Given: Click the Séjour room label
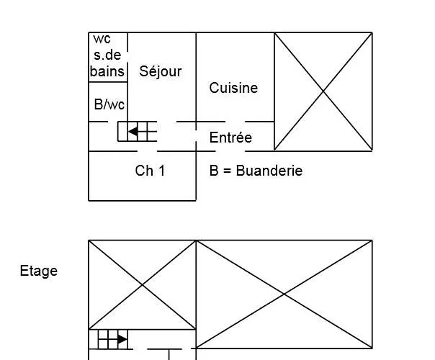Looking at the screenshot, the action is tap(161, 71).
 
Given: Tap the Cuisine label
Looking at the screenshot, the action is tap(233, 88).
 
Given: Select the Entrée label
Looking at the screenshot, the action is tap(230, 138).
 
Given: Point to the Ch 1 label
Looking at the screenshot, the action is tap(150, 171).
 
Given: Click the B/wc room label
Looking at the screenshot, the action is tap(109, 104).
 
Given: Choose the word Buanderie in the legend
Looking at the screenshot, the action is tap(269, 171).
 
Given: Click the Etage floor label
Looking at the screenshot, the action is tap(39, 271).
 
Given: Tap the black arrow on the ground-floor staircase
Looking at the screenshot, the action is tap(133, 132).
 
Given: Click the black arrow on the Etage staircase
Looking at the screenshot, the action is tap(122, 339).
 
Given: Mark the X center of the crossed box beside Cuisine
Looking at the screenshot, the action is tap(323, 91).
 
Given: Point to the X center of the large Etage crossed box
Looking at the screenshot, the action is tap(284, 294).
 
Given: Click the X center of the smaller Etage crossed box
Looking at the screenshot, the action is tap(143, 285).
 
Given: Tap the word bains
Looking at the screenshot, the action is tap(107, 71).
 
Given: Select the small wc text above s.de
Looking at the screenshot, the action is tap(102, 39).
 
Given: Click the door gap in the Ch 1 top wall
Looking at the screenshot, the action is tap(148, 151).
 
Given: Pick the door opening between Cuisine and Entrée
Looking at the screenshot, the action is tap(235, 122).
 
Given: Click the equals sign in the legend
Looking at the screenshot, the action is tap(227, 171).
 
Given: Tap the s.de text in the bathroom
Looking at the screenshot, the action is tap(107, 55).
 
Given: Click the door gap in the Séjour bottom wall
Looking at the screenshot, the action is tap(167, 122).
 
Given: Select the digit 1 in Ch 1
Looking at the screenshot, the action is tap(162, 171).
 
